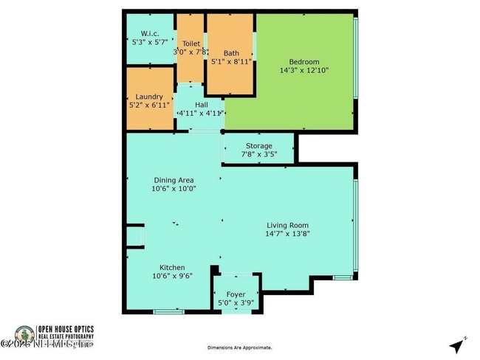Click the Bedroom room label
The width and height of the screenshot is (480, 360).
click(304, 61)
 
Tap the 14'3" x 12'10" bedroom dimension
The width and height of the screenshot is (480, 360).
click(304, 70)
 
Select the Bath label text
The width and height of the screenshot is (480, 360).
click(231, 53)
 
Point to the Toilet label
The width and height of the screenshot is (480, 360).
click(191, 44)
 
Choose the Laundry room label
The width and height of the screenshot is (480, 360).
click(149, 97)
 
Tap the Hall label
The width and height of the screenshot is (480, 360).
click(201, 105)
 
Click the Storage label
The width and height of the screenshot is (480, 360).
click(258, 146)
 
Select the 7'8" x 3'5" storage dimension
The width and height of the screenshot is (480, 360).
click(258, 155)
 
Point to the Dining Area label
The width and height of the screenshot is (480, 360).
click(175, 179)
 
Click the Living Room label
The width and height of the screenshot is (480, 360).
click(287, 226)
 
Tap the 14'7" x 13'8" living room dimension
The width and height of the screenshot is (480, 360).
click(287, 235)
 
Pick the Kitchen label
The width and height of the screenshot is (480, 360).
click(172, 268)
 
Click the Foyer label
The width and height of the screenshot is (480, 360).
click(236, 294)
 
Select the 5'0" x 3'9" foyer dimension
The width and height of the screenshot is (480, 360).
click(236, 303)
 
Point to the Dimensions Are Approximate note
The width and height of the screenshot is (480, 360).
click(239, 347)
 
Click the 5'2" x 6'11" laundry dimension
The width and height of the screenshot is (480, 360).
click(149, 105)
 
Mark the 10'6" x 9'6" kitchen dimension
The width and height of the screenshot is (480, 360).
click(172, 277)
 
